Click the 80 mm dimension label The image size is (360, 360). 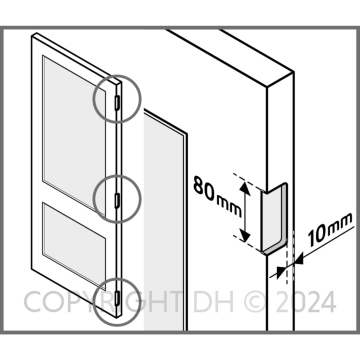(x=217, y=196)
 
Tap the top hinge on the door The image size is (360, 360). (x=117, y=103)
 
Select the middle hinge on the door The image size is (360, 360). (x=117, y=200)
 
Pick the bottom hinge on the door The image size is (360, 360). (x=117, y=297)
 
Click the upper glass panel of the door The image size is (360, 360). (x=74, y=132)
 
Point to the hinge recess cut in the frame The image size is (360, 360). (x=274, y=217)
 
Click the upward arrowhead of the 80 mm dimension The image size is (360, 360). (x=245, y=187)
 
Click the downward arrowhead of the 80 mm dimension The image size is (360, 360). (x=245, y=236)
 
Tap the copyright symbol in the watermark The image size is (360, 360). (x=255, y=302)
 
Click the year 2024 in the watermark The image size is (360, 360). (x=305, y=302)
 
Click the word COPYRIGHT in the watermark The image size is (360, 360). (x=102, y=302)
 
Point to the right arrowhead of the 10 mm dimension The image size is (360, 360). (x=298, y=259)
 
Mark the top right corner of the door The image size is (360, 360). (x=121, y=83)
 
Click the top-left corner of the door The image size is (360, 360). (x=32, y=36)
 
